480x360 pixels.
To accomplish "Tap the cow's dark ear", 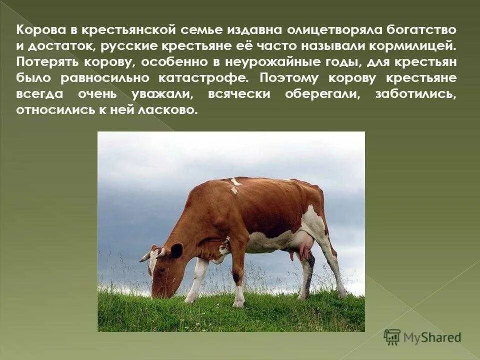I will (176, 250).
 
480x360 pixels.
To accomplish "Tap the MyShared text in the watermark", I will (433, 337).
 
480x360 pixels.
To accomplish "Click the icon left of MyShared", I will (392, 337).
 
